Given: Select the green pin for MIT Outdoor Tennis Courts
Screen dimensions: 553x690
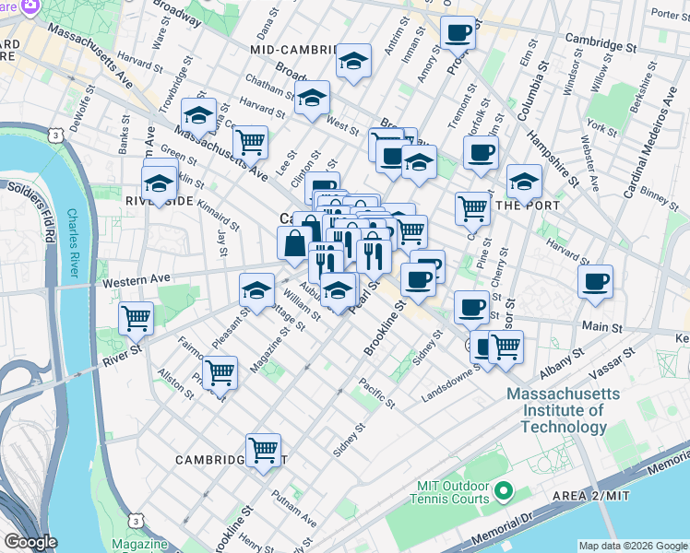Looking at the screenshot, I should tap(503, 489).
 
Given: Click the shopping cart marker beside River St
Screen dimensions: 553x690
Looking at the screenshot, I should tap(137, 318).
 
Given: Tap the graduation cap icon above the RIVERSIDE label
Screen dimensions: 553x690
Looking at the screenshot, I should tap(160, 182).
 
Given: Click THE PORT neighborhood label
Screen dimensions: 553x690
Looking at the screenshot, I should tap(524, 206).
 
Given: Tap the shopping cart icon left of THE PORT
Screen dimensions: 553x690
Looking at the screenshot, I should tap(472, 207).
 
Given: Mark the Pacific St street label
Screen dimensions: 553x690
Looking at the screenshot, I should tap(376, 394).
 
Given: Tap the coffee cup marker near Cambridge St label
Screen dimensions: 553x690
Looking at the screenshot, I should tap(458, 33).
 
